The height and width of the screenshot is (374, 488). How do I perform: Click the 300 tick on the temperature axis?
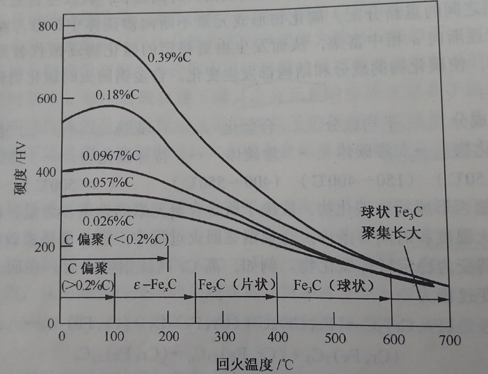click(x=224, y=338)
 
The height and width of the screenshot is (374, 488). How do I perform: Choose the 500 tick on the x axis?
click(x=334, y=338)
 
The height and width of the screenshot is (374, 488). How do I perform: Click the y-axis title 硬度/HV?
click(x=19, y=175)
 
